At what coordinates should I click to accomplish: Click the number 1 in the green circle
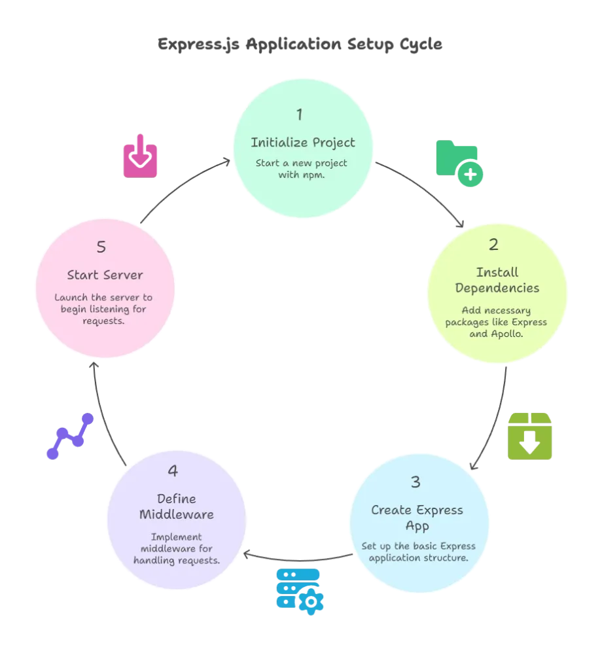click(299, 115)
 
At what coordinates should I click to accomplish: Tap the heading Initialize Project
click(303, 142)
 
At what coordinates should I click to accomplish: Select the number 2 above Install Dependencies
click(493, 245)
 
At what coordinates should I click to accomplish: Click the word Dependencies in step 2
click(497, 288)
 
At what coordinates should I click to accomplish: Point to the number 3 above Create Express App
click(415, 482)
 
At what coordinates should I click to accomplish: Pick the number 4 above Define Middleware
click(173, 471)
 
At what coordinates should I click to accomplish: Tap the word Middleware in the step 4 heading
click(177, 514)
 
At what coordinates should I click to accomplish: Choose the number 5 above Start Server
click(101, 247)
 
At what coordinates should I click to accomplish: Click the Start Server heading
click(105, 275)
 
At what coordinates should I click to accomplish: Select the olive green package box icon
click(531, 435)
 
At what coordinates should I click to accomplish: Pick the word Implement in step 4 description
click(176, 537)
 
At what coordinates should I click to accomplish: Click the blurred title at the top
click(300, 44)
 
